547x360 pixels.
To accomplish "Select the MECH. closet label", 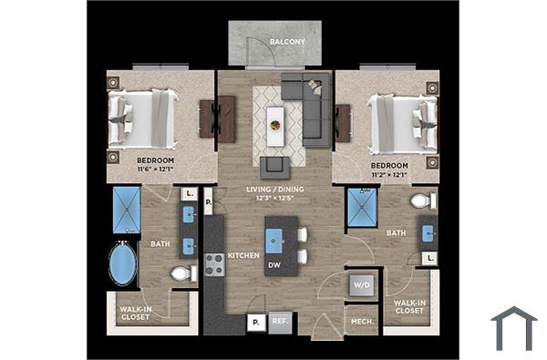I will (359, 321).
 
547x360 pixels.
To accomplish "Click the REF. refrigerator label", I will (280, 321).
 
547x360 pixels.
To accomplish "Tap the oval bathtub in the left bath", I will (123, 265).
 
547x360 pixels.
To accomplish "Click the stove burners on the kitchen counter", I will (214, 264).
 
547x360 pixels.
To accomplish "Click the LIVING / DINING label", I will (274, 190).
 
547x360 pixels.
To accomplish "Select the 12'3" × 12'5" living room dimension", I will (274, 199).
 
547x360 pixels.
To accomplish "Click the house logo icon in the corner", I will (513, 328).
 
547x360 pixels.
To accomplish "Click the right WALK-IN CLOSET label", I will (409, 306).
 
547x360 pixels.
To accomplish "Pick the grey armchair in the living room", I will (274, 167).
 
